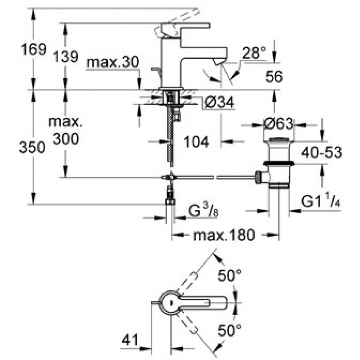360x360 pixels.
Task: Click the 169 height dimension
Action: coord(33,49)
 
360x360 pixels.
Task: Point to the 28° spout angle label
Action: coord(253,54)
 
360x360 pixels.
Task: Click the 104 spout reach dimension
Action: coord(197,143)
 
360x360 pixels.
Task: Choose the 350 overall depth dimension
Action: coord(33,147)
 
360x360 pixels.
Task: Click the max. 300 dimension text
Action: coord(65,130)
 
